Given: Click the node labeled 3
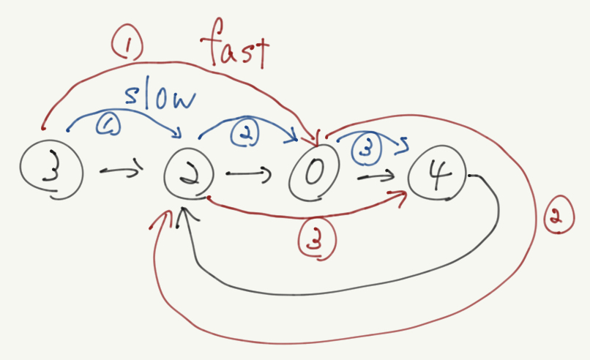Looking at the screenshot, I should coord(51,170).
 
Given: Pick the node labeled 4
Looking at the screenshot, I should coord(436,175).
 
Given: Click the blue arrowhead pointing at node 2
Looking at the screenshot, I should coord(179,134).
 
